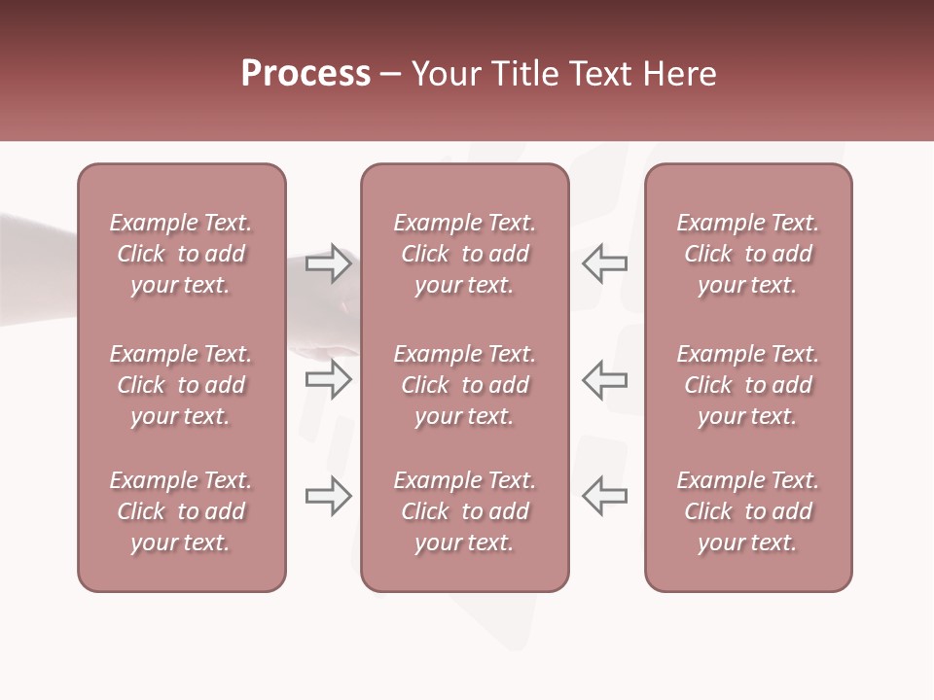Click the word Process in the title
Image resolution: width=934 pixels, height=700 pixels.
tap(305, 74)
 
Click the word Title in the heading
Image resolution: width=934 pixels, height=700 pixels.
tap(523, 74)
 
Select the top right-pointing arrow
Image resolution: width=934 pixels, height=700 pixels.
tap(328, 263)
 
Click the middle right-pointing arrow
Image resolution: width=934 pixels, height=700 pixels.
tap(328, 379)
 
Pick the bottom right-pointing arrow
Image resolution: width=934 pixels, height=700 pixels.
tap(328, 496)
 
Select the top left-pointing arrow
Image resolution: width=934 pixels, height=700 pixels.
tap(604, 263)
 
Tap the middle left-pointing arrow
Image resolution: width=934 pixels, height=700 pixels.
tap(604, 379)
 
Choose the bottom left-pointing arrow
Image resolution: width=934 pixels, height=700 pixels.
tap(604, 496)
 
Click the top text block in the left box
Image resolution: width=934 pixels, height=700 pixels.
tap(181, 254)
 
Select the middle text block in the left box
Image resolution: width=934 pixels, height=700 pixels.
tap(181, 385)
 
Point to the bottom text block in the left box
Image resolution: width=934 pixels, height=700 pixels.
tap(181, 511)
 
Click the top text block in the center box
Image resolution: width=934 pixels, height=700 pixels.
tap(464, 254)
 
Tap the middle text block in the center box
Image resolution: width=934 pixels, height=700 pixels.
tap(464, 385)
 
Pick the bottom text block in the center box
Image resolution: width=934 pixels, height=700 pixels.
tap(464, 511)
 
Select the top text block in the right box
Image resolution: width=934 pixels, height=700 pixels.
tap(747, 254)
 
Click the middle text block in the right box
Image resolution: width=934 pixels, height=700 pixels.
tap(747, 385)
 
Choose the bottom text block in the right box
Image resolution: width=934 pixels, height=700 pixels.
tap(747, 511)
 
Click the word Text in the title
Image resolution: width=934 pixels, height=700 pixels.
tap(600, 74)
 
